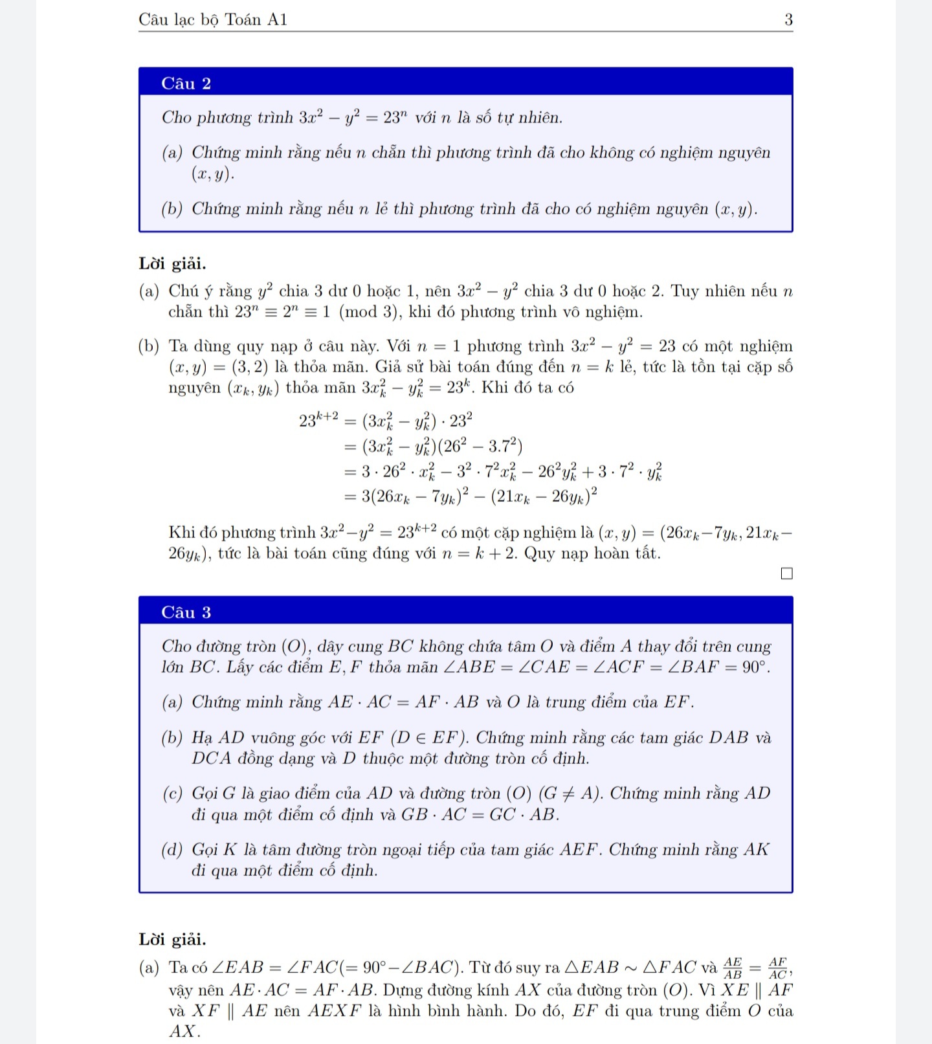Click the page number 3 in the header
pos(788,20)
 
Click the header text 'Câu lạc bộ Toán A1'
pos(213,20)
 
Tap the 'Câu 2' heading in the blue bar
pos(186,83)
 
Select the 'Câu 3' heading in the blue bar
pos(186,612)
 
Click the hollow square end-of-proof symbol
pos(786,573)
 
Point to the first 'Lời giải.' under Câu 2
pos(172,263)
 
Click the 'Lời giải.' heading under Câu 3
pos(172,939)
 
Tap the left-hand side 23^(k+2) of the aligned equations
pos(318,421)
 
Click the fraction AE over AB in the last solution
pos(733,968)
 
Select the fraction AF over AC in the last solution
pos(778,968)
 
